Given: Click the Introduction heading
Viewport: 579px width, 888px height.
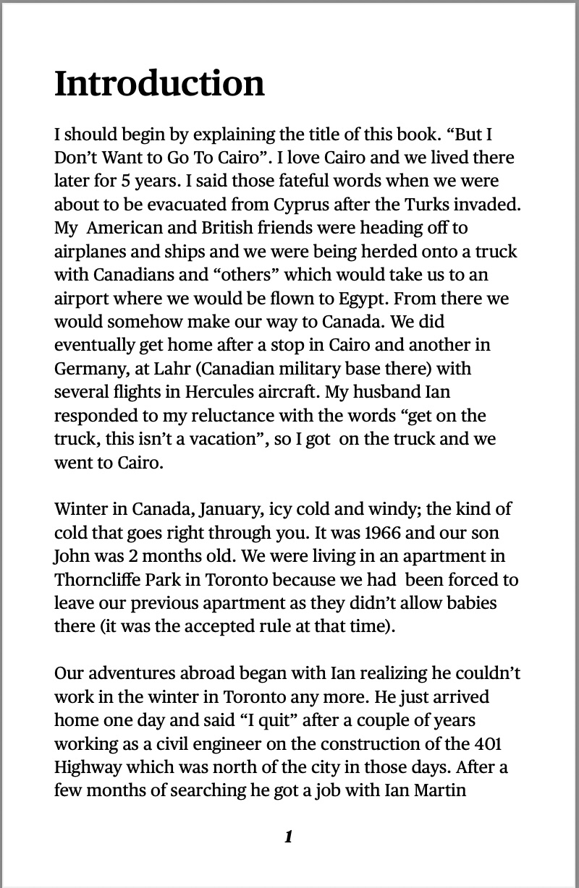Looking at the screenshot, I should click(159, 84).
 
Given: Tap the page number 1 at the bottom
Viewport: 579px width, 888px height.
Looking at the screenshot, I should click(289, 837).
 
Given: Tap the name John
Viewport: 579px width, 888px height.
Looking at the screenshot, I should click(69, 556).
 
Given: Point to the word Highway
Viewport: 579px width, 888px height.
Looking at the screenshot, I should click(86, 767).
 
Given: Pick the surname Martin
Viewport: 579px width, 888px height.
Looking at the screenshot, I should click(439, 790).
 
